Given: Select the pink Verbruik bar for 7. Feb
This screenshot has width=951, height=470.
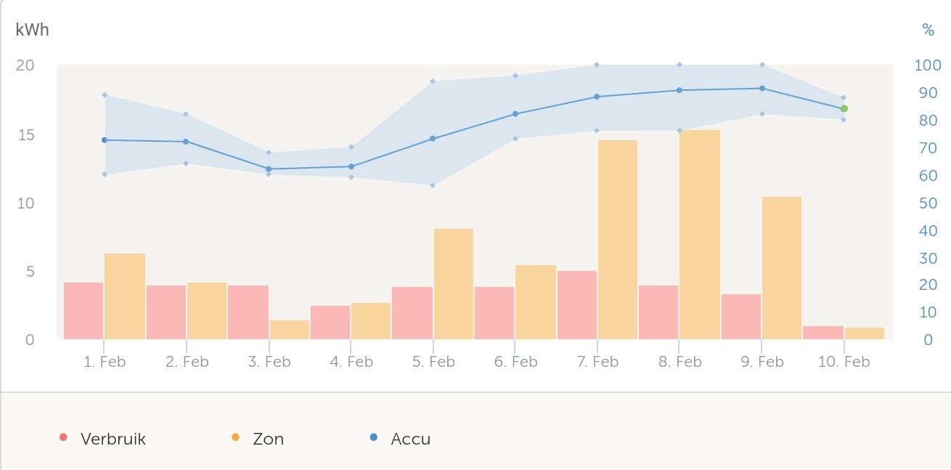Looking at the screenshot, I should point(577,305).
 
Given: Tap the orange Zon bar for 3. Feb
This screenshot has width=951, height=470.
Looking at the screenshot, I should point(289,330).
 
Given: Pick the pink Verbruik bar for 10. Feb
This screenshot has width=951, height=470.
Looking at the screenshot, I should point(823,333).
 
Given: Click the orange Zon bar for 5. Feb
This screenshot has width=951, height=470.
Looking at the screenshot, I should point(453,284).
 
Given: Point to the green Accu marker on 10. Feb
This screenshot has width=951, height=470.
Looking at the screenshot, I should point(844,109).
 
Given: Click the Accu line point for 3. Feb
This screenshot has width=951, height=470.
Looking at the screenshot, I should point(269,169).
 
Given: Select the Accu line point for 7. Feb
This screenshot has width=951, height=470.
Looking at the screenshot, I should point(597,97).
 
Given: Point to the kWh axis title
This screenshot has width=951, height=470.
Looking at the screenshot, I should point(32,31).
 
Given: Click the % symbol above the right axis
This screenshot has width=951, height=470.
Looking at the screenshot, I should point(928,30).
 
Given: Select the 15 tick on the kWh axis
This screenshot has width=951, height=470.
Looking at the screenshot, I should point(25,135).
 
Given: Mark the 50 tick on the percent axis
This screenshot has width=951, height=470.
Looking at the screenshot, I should point(927,203).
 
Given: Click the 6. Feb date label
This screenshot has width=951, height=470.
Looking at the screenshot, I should point(515,362).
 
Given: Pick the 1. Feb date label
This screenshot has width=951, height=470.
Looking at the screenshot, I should point(105,362).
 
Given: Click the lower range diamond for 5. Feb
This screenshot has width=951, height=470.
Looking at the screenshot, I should point(433,185).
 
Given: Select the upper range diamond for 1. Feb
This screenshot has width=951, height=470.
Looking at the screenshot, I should point(105,95).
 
